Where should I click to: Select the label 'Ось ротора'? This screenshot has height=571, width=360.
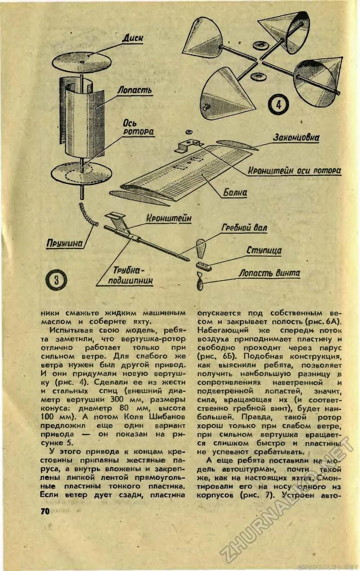tap(139, 128)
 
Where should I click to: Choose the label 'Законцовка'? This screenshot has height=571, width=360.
tap(296, 138)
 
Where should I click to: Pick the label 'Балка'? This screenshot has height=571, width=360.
tap(235, 192)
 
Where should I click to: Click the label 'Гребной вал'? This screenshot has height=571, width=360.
tap(244, 227)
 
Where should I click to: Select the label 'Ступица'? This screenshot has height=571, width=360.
tap(264, 250)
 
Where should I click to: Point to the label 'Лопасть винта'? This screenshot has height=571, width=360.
tap(269, 273)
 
